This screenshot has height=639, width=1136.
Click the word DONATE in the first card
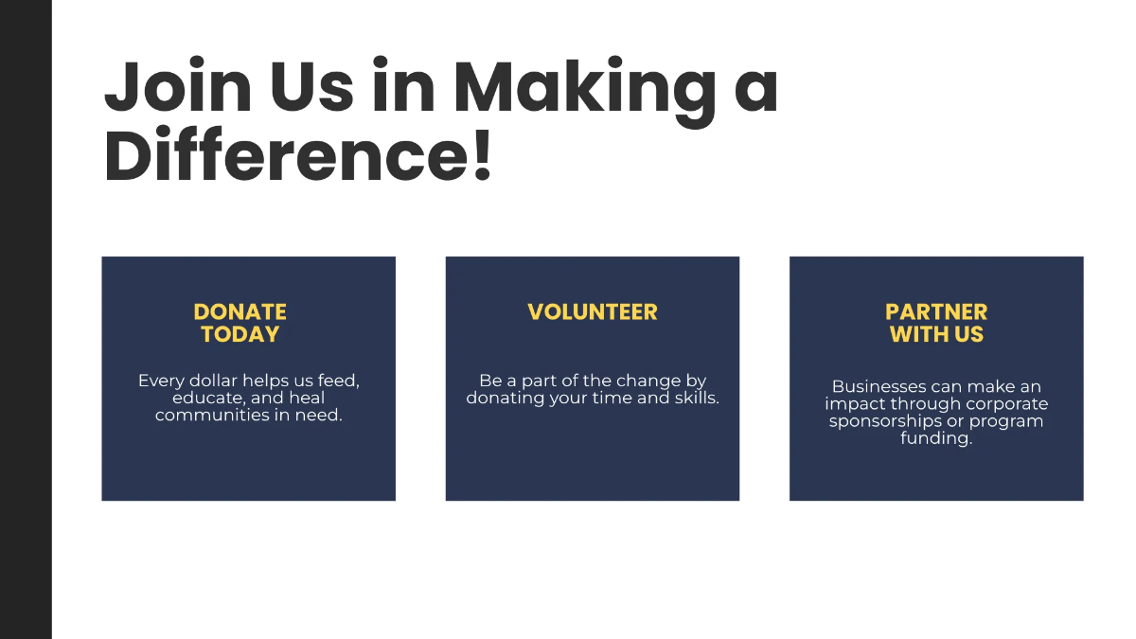240,311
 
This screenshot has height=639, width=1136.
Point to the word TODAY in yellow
240,334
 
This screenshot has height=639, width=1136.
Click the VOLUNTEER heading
593,311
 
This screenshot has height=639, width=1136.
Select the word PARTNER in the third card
936,311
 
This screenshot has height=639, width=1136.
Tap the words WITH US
936,334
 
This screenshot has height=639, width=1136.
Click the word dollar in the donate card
210,381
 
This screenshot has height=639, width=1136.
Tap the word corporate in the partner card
1006,404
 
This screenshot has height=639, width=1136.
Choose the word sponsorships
885,421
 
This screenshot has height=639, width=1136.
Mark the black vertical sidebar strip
26,319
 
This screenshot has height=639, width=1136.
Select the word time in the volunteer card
615,398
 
